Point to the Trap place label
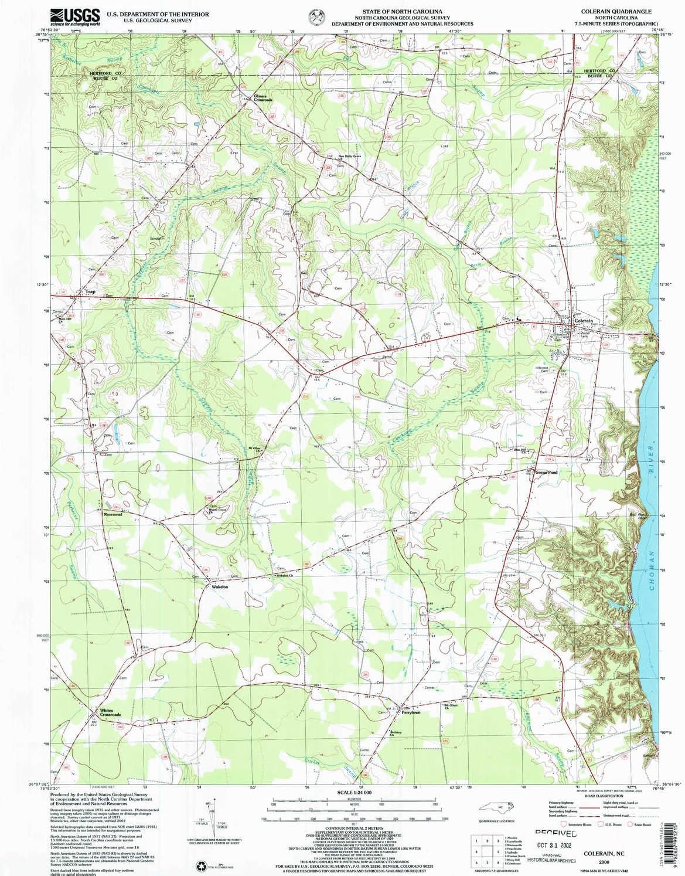(90, 291)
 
